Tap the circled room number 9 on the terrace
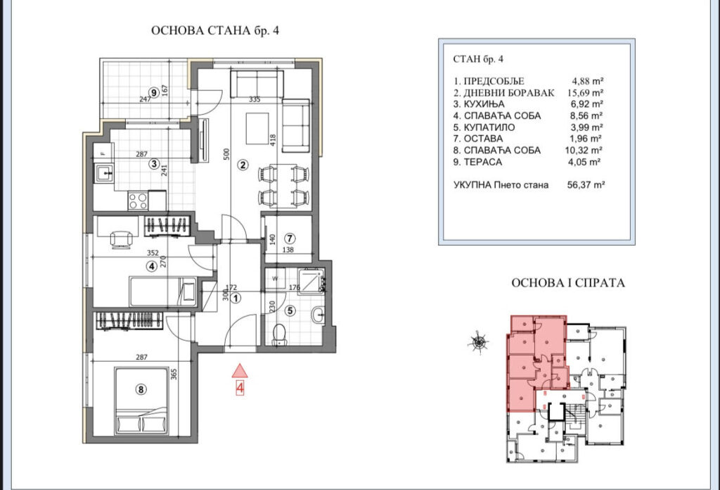coord(154,91)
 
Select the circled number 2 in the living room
coord(243,165)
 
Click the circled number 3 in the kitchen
coord(153,165)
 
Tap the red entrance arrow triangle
coord(240,370)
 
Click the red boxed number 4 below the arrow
coord(240,387)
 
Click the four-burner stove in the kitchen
coord(137,201)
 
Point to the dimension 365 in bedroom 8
coord(172,375)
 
